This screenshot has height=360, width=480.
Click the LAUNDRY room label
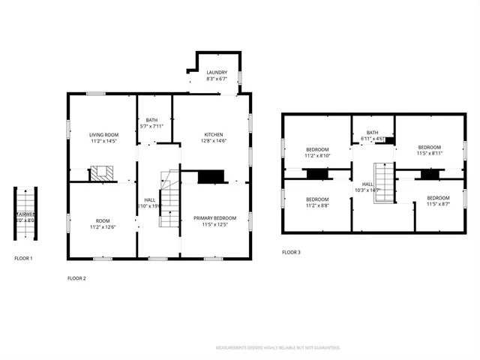pyautogui.click(x=217, y=73)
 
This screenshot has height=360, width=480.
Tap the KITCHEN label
pyautogui.click(x=213, y=134)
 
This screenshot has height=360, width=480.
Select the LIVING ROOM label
pyautogui.click(x=103, y=134)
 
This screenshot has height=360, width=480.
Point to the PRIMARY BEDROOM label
pyautogui.click(x=215, y=218)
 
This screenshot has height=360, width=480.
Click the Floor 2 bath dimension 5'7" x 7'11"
pyautogui.click(x=152, y=126)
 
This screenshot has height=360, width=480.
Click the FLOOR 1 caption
pyautogui.click(x=24, y=258)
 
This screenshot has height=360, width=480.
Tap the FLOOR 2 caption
pyautogui.click(x=77, y=278)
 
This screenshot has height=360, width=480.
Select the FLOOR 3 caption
pyautogui.click(x=291, y=252)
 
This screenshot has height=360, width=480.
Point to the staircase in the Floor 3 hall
pyautogui.click(x=383, y=184)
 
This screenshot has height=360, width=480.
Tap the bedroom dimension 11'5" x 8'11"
pyautogui.click(x=429, y=153)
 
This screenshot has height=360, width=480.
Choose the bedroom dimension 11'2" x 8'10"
pyautogui.click(x=316, y=155)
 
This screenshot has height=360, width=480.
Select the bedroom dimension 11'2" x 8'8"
pyautogui.click(x=316, y=205)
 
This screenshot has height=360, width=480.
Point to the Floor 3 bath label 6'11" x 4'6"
pyautogui.click(x=372, y=139)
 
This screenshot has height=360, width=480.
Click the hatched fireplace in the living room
pyautogui.click(x=101, y=173)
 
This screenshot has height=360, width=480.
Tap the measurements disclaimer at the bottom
pyautogui.click(x=278, y=348)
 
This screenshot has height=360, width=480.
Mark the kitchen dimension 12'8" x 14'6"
pyautogui.click(x=213, y=140)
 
